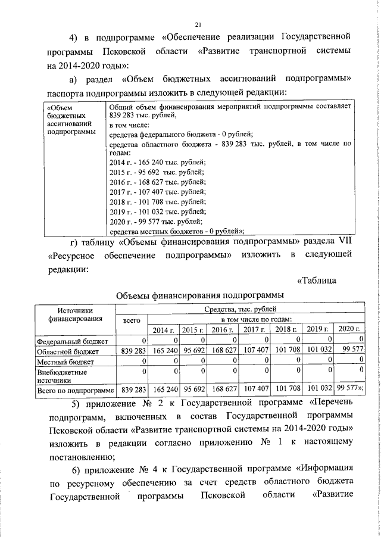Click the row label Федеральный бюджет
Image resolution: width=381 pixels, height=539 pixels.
72,341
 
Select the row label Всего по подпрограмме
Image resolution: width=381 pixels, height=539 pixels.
75,390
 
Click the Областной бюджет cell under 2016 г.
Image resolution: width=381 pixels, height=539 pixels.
221,351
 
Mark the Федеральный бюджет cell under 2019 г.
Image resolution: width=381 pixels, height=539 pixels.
316,341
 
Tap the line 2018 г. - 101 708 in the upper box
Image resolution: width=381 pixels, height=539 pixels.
158,201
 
